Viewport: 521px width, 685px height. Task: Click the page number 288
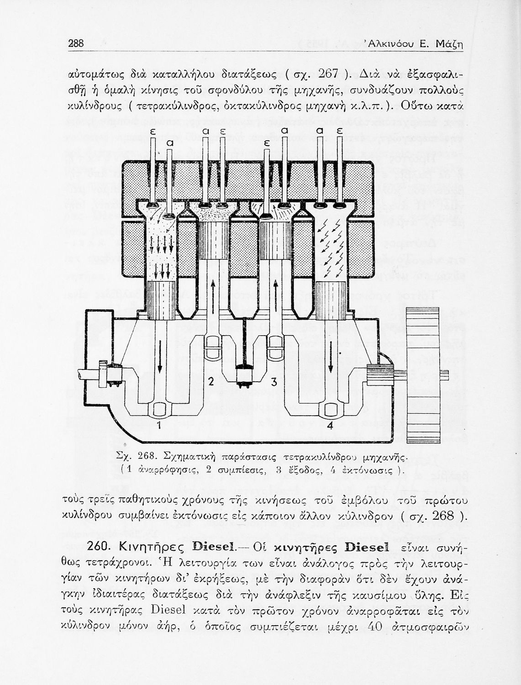[x=76, y=44]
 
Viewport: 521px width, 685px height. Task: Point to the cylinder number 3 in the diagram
[x=274, y=382]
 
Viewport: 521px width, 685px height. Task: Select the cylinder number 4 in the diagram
[x=330, y=426]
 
